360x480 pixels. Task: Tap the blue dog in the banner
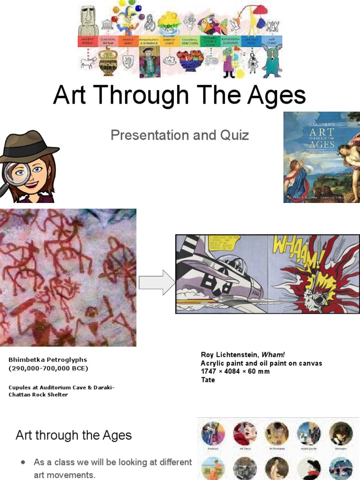pos(272,61)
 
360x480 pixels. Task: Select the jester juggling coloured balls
pos(127,19)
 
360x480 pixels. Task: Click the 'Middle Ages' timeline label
pos(128,41)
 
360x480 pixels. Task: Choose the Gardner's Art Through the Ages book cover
pos(322,157)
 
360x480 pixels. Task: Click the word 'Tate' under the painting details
pos(208,380)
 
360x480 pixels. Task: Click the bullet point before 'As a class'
pos(23,462)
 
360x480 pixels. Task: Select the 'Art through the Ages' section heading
pos(74,435)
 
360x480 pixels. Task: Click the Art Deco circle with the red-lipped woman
pos(244,433)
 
